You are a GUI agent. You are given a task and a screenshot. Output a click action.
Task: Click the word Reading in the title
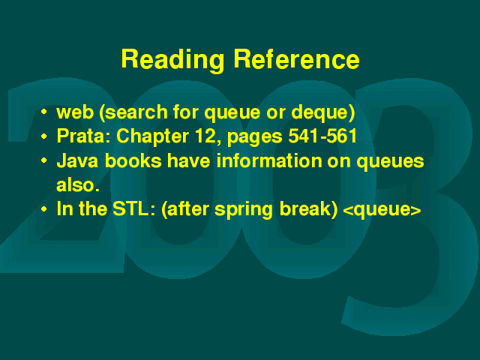[x=172, y=60]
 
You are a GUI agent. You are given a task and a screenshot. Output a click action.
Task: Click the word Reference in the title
[x=296, y=58]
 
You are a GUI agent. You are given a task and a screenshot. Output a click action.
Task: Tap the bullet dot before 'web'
[x=44, y=112]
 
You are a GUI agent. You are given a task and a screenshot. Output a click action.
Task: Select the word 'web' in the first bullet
[x=75, y=112]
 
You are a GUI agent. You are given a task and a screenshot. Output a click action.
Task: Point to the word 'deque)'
[x=323, y=112]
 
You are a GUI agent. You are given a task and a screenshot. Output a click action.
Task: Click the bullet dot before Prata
[x=44, y=136]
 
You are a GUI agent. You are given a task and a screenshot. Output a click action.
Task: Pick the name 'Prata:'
[x=83, y=136]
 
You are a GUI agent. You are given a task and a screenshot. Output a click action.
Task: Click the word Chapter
[x=152, y=136]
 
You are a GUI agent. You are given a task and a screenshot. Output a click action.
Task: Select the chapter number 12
[x=207, y=136]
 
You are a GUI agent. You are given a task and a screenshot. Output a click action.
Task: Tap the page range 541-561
[x=322, y=136]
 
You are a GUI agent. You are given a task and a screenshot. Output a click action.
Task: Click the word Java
[x=77, y=160]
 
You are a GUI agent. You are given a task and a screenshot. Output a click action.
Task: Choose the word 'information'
[x=269, y=160]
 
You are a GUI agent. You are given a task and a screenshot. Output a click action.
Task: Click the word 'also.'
[x=78, y=184]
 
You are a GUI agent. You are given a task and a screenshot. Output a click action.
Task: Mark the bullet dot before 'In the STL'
[x=44, y=210]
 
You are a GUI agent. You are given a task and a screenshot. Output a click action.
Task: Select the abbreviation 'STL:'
[x=134, y=209]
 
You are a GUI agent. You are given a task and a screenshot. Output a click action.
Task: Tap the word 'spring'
[x=243, y=210]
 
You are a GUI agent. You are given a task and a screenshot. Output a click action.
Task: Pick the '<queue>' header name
[x=382, y=211]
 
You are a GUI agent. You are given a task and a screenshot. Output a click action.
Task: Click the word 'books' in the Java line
[x=133, y=160]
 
